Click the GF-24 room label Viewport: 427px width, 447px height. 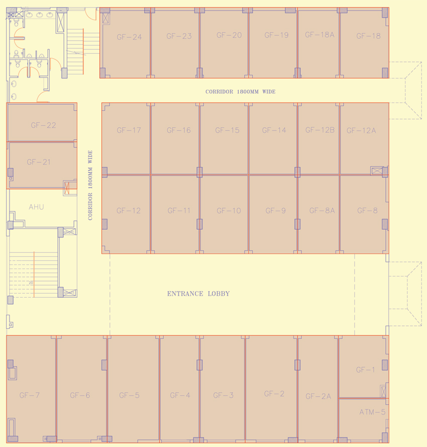tap(129, 37)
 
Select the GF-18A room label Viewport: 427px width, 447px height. tap(319, 35)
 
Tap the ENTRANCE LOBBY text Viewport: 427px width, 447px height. tap(198, 294)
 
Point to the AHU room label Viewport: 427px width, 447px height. tap(36, 207)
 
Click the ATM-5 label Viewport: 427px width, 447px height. tap(373, 412)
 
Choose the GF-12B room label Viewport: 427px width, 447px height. tap(320, 130)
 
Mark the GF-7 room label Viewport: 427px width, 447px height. tap(30, 395)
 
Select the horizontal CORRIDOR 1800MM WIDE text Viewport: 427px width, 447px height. tap(240, 92)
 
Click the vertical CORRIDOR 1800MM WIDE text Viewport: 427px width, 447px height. tap(90, 185)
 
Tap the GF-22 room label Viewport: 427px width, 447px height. tap(43, 125)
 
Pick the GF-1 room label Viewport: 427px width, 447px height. tap(365, 370)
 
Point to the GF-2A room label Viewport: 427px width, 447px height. tap(318, 396)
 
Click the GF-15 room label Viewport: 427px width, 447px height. tap(227, 130)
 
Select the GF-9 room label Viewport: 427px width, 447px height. tap(275, 211)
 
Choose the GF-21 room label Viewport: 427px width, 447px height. tap(39, 162)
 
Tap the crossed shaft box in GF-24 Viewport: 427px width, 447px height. tap(106, 18)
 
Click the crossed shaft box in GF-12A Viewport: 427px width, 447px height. tap(376, 171)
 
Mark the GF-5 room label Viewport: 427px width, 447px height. tap(129, 395)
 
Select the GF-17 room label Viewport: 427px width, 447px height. tap(129, 130)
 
